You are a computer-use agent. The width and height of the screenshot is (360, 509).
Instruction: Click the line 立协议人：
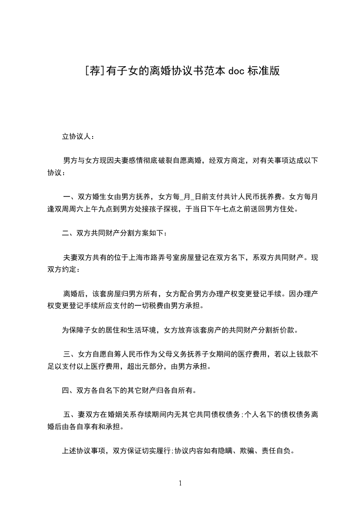coord(78,136)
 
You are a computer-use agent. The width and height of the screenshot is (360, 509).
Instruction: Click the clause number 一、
coord(70,197)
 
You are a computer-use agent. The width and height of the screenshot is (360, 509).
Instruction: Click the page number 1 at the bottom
coord(180,484)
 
